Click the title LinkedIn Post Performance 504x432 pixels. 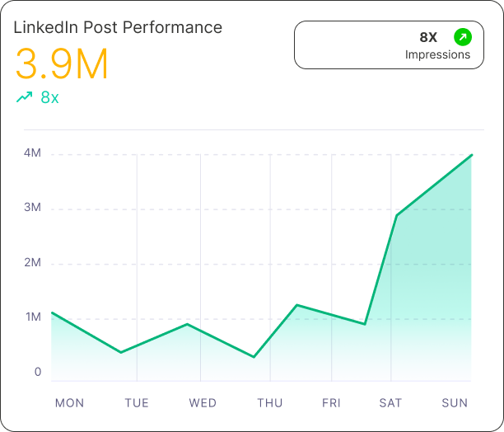[118, 27]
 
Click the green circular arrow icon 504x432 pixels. [463, 37]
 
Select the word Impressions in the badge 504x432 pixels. [437, 55]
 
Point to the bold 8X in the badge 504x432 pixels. [428, 37]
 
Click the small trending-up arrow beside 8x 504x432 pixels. [24, 97]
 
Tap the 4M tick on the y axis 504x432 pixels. [33, 153]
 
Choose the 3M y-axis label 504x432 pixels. [33, 208]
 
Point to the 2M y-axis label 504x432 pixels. [33, 263]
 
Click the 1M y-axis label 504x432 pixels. [33, 317]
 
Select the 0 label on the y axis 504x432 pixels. [38, 372]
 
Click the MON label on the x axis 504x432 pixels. [69, 403]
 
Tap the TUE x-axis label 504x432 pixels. [137, 403]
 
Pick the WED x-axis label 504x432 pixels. [203, 403]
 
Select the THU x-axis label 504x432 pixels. [270, 403]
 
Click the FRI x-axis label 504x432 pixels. [331, 403]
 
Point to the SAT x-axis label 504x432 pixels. [390, 403]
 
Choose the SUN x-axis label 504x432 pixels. [455, 403]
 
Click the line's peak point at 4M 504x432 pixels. [472, 155]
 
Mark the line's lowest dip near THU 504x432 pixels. [254, 357]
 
